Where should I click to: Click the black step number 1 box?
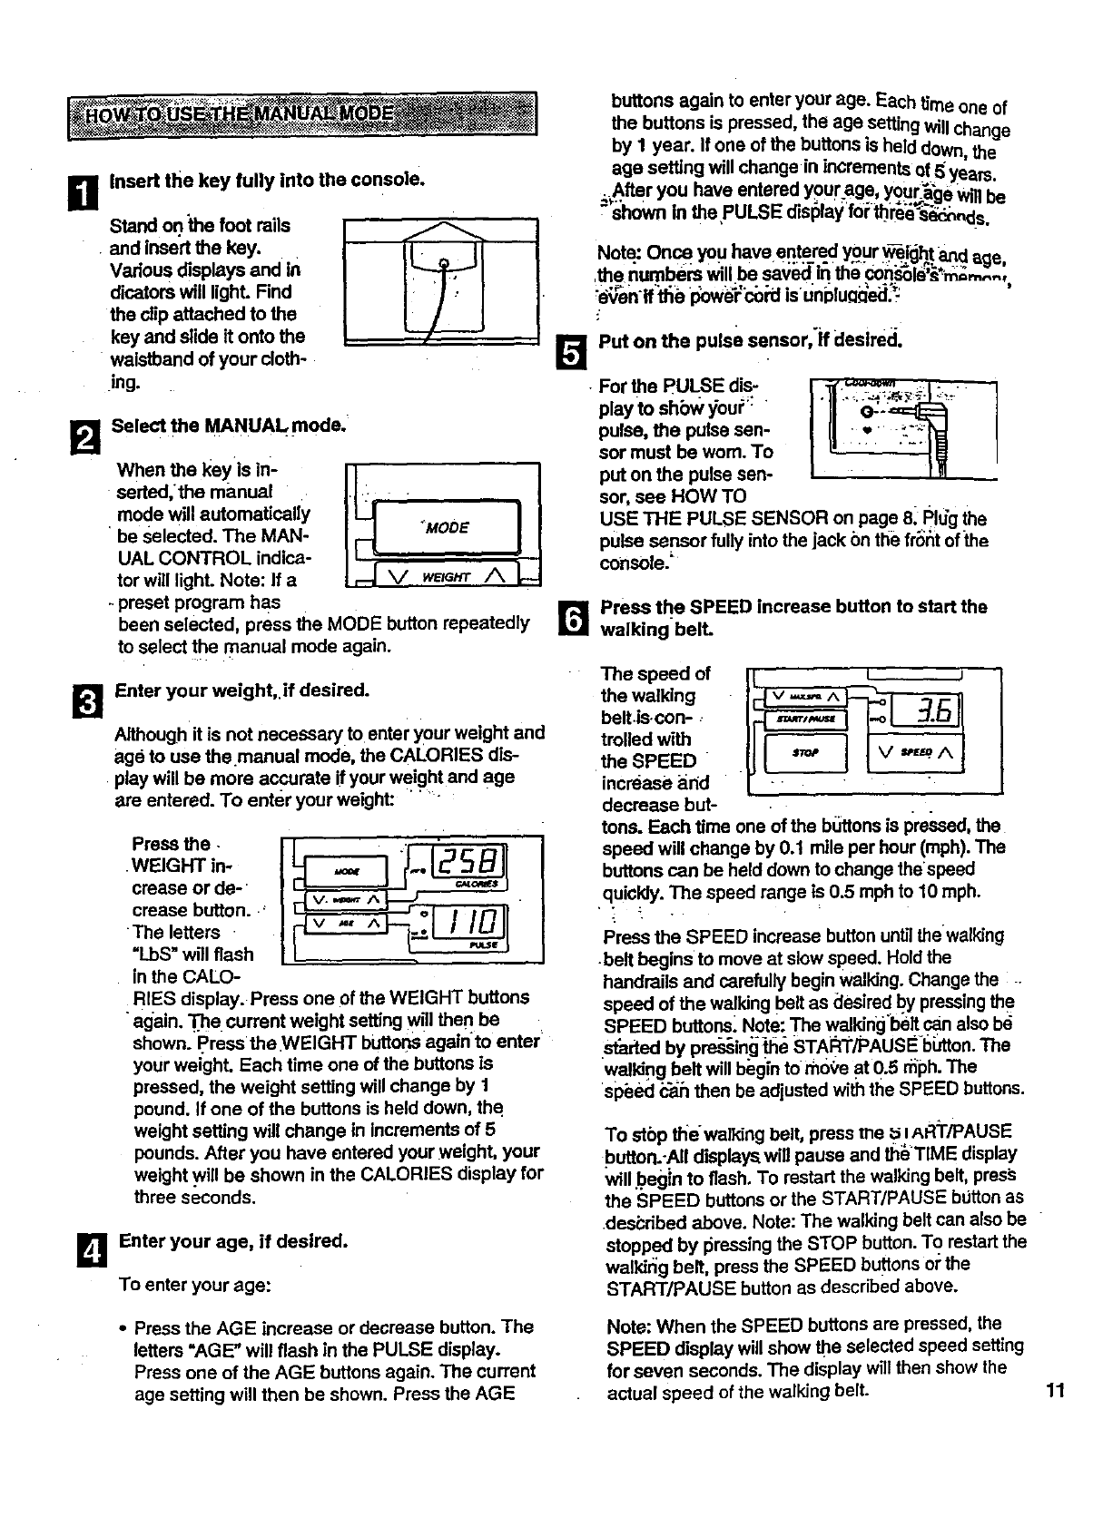[81, 192]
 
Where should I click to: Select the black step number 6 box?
[565, 617]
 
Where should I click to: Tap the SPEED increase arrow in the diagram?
[947, 753]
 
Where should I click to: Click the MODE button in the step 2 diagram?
[447, 527]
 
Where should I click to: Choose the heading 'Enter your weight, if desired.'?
[242, 690]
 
